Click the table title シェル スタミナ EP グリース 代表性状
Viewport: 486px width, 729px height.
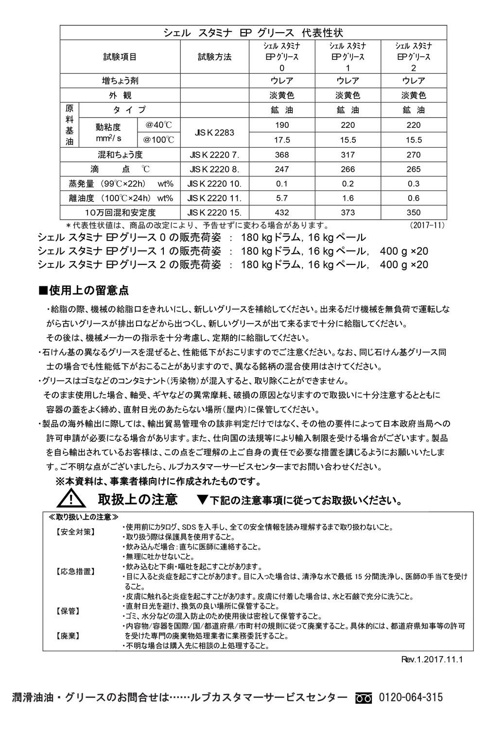coord(253,33)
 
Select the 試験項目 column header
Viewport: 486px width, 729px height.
coord(120,57)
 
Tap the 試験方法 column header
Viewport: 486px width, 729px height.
coord(214,57)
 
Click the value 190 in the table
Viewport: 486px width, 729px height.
coord(282,125)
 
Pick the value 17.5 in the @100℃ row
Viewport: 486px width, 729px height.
coord(282,140)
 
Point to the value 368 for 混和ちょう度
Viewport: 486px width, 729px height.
coord(282,155)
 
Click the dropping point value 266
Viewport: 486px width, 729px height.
coord(348,170)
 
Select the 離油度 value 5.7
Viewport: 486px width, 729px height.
coord(282,198)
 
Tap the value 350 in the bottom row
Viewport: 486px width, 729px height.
coord(414,212)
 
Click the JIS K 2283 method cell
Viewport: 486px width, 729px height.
coord(214,132)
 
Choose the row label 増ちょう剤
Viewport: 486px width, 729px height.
coord(120,81)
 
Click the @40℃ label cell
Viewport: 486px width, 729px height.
coord(158,125)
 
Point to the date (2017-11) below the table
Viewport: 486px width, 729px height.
coord(427,226)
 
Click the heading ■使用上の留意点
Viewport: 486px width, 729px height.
coord(83,291)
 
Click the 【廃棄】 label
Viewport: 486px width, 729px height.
coord(68,635)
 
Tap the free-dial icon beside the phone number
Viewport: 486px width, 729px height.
coord(363,698)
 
